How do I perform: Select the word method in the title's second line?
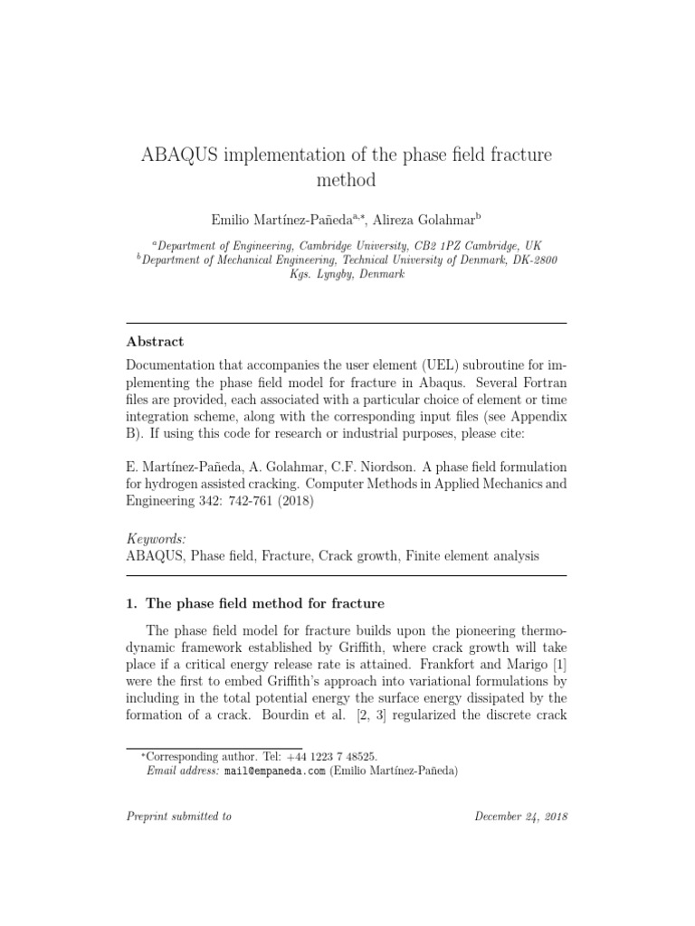pyautogui.click(x=347, y=180)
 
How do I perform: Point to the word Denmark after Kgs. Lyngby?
pyautogui.click(x=379, y=274)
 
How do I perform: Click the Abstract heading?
pyautogui.click(x=155, y=342)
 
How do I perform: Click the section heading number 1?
pyautogui.click(x=130, y=603)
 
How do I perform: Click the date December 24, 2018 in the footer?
pyautogui.click(x=521, y=816)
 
